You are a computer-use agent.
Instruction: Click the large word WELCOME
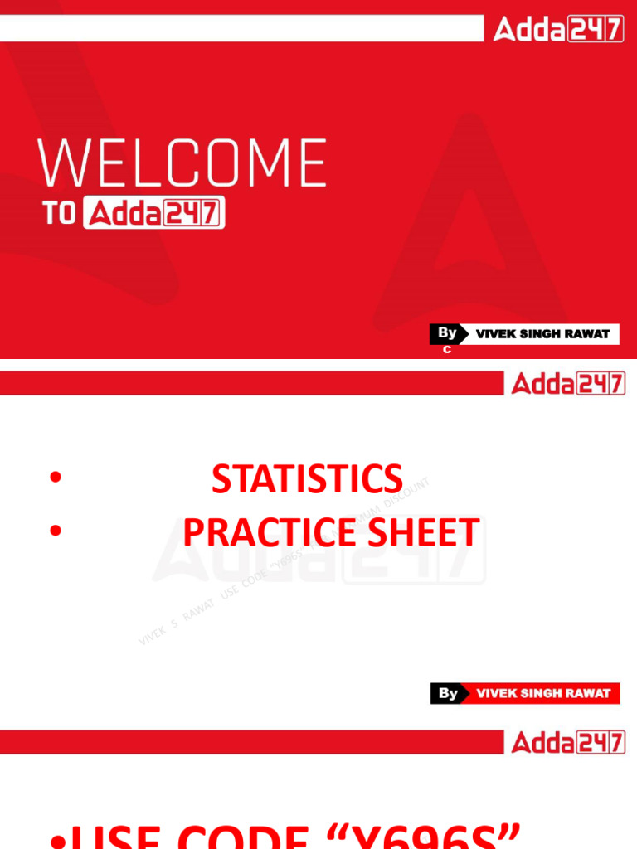[x=182, y=163]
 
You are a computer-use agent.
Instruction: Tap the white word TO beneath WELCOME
[x=60, y=214]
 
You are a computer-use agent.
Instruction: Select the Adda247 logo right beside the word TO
[x=154, y=214]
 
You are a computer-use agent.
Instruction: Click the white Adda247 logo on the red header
[x=558, y=31]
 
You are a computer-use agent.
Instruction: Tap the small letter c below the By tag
[x=446, y=350]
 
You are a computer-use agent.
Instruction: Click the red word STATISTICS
[x=307, y=479]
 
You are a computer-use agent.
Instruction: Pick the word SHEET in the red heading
[x=427, y=532]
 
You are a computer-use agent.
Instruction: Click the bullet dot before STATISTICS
[x=56, y=478]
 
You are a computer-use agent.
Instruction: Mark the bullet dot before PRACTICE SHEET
[x=56, y=531]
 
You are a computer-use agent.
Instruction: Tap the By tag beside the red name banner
[x=448, y=693]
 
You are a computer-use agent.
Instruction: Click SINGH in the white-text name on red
[x=542, y=693]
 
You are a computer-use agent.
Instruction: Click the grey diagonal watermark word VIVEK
[x=153, y=633]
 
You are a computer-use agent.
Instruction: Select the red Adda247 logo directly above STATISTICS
[x=568, y=383]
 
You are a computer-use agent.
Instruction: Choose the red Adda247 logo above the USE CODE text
[x=568, y=742]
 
